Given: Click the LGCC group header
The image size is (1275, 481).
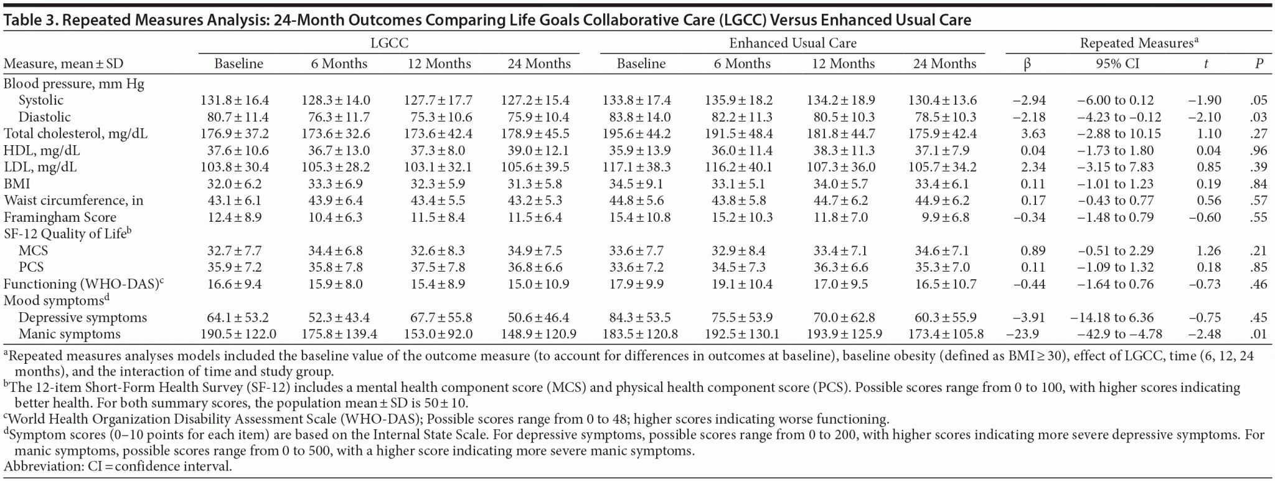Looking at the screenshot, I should pyautogui.click(x=389, y=43).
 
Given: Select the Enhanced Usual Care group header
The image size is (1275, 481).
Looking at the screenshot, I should pyautogui.click(x=793, y=43).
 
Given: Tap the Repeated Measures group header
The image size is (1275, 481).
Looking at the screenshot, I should pyautogui.click(x=1139, y=43).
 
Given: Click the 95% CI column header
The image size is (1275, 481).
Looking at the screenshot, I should pyautogui.click(x=1117, y=64).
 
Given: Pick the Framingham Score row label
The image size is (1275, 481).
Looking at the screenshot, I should pyautogui.click(x=60, y=217).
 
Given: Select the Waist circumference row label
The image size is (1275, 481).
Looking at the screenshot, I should pyautogui.click(x=73, y=201).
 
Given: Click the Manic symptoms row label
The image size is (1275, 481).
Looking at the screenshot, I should pyautogui.click(x=69, y=335).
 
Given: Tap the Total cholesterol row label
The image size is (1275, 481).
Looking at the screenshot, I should pyautogui.click(x=75, y=133).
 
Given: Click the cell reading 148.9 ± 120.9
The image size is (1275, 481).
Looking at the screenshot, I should pyautogui.click(x=539, y=335).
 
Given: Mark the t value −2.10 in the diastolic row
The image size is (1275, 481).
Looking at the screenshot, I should pyautogui.click(x=1206, y=117).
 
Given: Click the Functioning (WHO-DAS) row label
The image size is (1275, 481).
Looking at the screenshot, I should pyautogui.click(x=83, y=285).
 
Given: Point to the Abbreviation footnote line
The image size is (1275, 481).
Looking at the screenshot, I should pyautogui.click(x=118, y=467).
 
